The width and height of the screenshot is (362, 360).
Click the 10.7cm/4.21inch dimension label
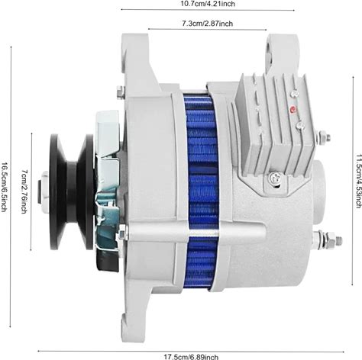[x=208, y=4]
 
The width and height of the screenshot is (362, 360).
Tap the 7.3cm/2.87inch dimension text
[x=207, y=24]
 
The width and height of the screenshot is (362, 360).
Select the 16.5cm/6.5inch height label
[x=4, y=187]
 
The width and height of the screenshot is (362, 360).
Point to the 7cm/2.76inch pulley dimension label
[x=24, y=192]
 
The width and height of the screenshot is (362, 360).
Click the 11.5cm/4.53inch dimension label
[x=358, y=181]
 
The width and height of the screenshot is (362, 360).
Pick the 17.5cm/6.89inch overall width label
[x=191, y=356]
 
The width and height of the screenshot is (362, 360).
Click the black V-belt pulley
[x=73, y=192]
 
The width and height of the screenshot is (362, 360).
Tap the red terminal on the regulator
[x=293, y=110]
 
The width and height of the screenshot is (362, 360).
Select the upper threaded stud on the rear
[x=323, y=137]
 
